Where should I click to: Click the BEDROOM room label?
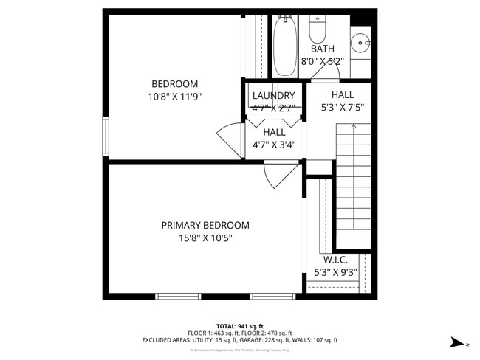pos(174,83)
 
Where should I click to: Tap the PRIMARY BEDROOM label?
pos(205,225)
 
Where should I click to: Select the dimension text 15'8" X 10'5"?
pos(205,238)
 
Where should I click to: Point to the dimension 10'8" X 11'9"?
pos(174,96)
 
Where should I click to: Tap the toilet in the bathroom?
pos(318,30)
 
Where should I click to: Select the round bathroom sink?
pos(360,42)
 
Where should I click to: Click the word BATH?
pos(312,49)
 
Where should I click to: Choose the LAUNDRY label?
pos(273,95)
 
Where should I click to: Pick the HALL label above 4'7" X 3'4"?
pos(274,132)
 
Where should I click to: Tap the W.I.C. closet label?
pos(335,260)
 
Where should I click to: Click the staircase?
pos(353,184)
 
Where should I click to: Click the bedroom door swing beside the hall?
pos(230,139)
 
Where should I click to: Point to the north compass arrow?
pos(458,342)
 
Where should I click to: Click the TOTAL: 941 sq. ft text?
pos(239,325)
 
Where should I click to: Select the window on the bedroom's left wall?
pos(106,136)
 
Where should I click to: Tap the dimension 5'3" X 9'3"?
pos(335,272)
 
